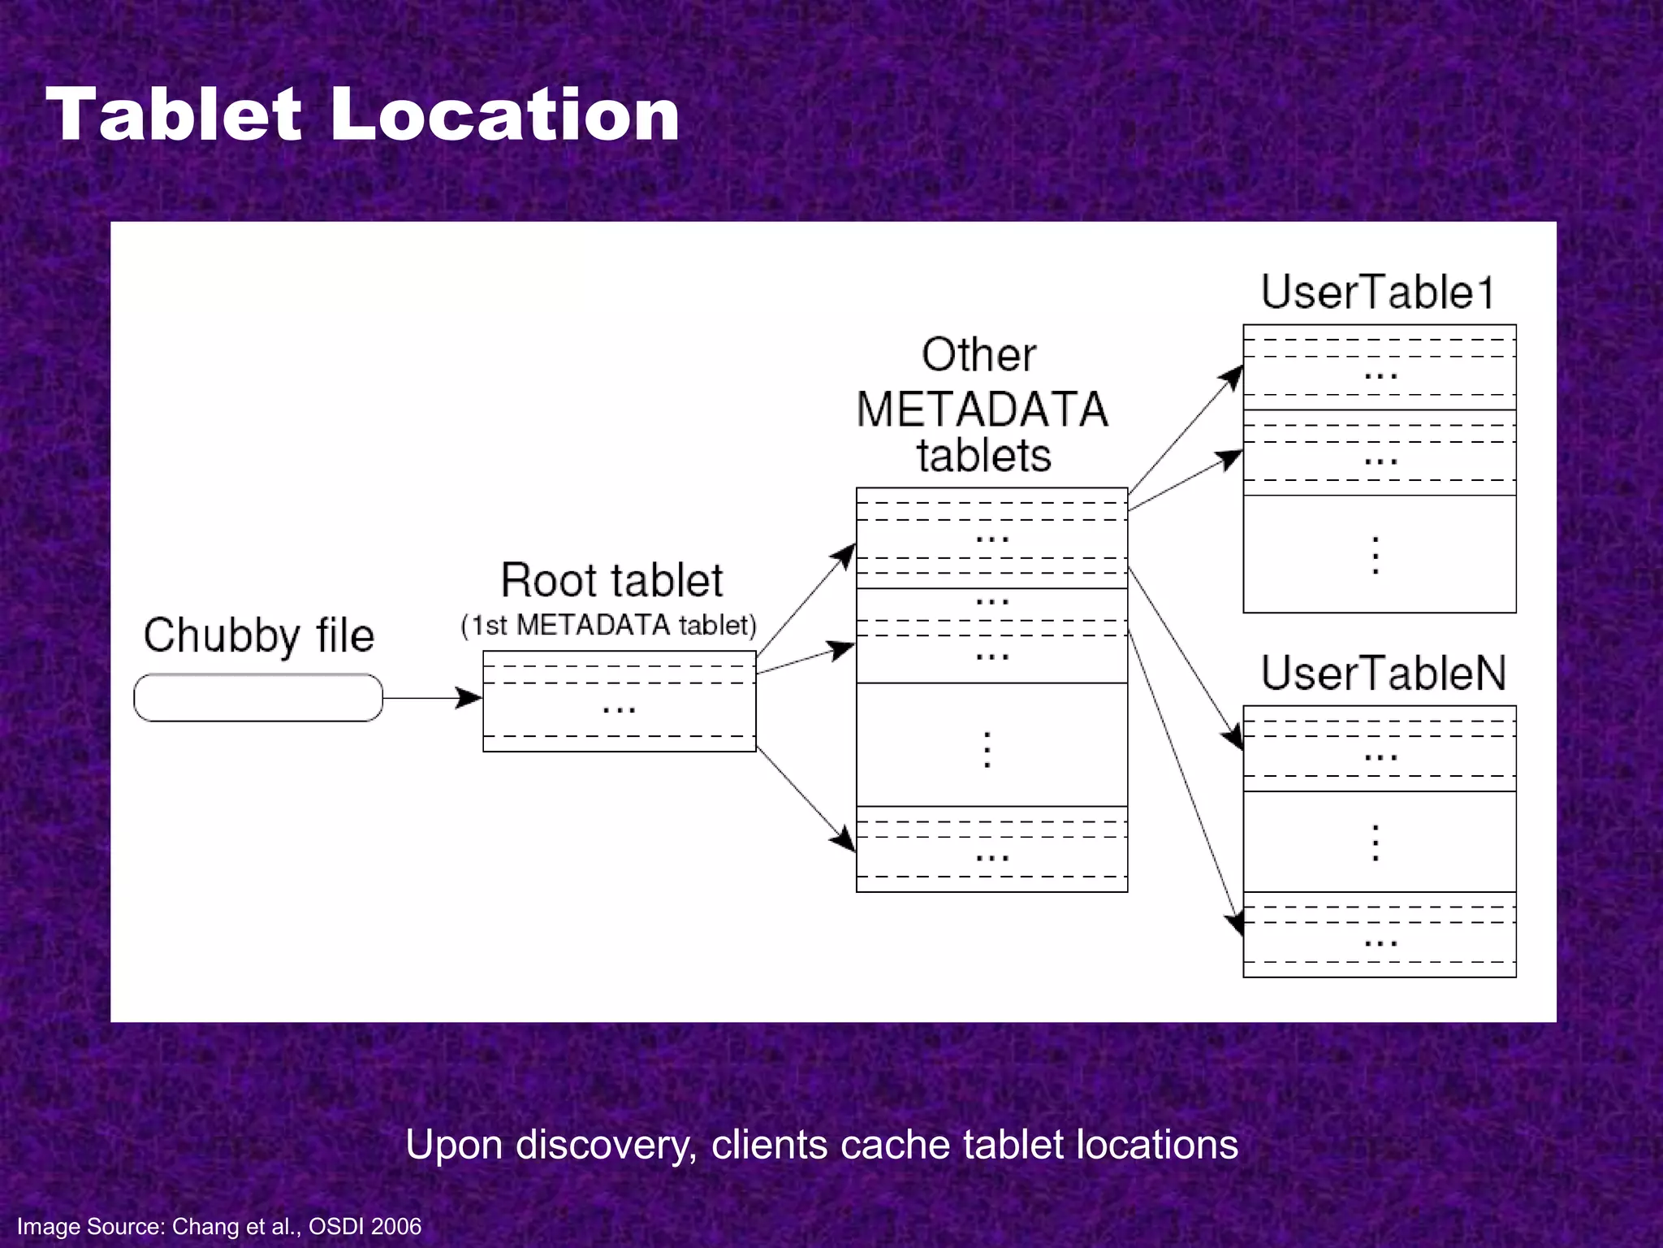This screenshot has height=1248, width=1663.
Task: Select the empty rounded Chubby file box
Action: click(258, 698)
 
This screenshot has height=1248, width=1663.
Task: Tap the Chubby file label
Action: click(258, 635)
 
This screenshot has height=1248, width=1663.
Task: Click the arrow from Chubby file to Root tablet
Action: click(431, 698)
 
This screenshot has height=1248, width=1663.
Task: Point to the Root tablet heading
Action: click(611, 580)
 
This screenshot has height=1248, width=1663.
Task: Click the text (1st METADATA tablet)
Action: click(608, 626)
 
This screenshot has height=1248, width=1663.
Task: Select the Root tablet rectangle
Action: click(619, 702)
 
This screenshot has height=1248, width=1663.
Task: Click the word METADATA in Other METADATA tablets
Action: click(982, 409)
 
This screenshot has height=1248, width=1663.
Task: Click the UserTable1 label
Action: click(1378, 292)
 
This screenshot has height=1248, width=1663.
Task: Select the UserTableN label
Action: click(1383, 673)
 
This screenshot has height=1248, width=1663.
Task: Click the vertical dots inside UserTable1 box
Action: click(1376, 556)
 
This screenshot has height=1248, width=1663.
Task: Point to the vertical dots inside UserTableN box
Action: click(1376, 843)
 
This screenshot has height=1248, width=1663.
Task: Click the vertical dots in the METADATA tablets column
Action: click(987, 749)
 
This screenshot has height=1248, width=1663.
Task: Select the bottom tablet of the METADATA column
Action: click(991, 850)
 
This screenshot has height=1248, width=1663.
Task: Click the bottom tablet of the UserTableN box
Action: click(1379, 935)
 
